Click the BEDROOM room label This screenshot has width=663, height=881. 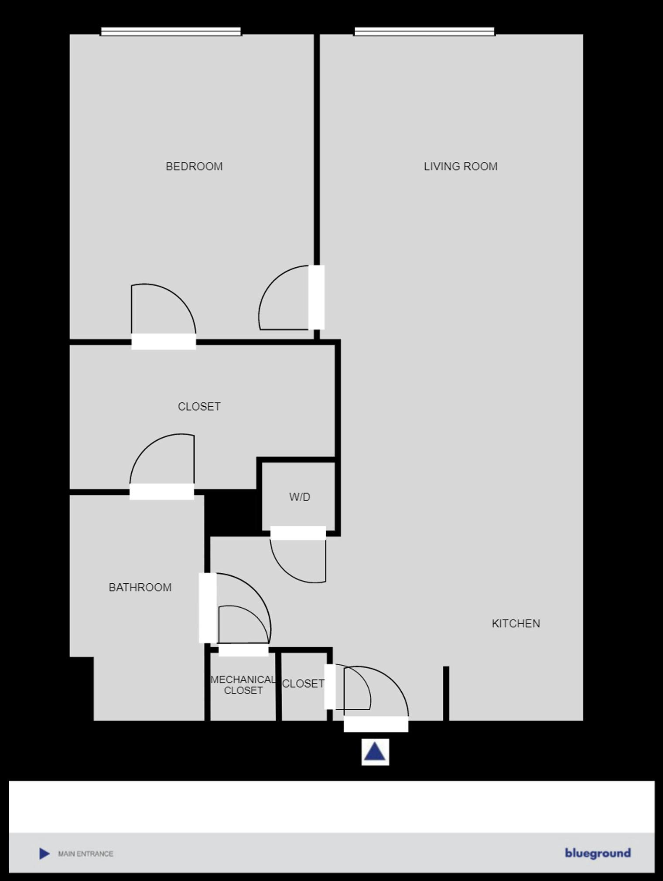pos(194,166)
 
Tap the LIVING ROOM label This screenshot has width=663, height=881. pos(460,166)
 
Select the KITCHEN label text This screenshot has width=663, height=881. pos(516,623)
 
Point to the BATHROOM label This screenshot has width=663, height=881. pos(140,587)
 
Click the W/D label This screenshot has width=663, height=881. pos(300,497)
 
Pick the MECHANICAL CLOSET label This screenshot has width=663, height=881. pos(243,685)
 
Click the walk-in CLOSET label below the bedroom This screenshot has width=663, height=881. pos(199,406)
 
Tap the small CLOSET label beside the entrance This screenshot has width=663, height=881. pos(303,684)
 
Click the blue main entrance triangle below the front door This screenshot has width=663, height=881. pos(375,752)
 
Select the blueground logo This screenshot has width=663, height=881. pos(598,853)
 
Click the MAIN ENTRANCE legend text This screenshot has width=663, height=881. pos(85,854)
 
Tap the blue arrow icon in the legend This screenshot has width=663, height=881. pos(44,854)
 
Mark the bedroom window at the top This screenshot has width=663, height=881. pos(171,31)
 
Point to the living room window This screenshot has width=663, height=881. pos(424,31)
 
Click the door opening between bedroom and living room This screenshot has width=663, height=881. pos(316,297)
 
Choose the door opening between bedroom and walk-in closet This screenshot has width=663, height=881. pos(164,342)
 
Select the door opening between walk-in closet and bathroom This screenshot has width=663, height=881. pos(162,492)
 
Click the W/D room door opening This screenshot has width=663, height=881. pos(298,533)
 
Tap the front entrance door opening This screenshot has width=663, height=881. pos(376,724)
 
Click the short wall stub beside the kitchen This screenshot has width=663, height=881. pos(446,693)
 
